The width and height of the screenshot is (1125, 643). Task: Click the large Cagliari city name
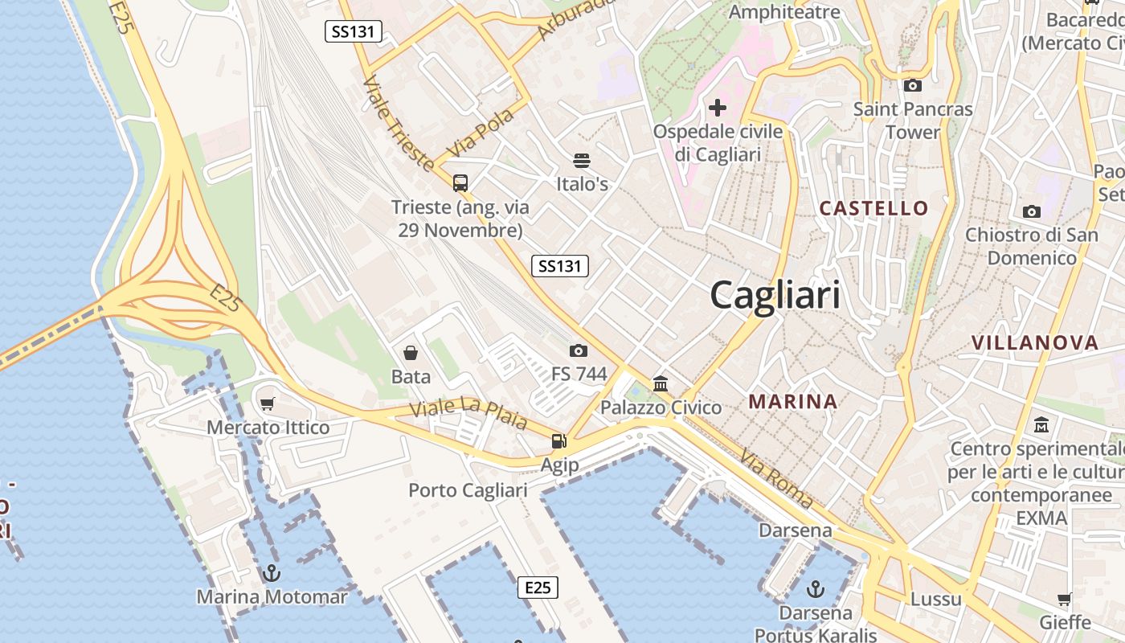coord(775,295)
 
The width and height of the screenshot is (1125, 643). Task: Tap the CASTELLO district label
coord(873,208)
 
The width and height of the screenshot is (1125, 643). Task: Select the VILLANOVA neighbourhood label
coord(1034,342)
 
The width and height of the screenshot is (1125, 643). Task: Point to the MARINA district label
coord(792,400)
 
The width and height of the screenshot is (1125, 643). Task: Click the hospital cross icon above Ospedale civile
coord(718,108)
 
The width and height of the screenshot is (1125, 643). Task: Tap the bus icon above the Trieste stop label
coord(460,183)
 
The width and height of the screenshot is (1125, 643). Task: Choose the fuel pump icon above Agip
coord(558,440)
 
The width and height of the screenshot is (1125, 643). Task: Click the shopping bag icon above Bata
coord(411,353)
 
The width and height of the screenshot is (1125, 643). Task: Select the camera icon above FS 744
coord(578,350)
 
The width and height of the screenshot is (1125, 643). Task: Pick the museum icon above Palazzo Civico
coord(661,383)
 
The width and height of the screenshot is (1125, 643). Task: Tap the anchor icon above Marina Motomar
coord(272,573)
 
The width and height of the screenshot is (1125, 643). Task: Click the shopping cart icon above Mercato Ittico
coord(268,403)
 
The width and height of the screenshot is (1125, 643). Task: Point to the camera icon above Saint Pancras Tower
coord(912,85)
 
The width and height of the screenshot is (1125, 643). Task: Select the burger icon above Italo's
coord(582,161)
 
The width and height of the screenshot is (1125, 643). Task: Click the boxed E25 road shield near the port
coord(537,588)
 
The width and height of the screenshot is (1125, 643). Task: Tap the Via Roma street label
coord(776,479)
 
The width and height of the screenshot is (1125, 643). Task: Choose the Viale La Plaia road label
coord(468,414)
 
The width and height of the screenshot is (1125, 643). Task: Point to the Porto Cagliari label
coord(468,490)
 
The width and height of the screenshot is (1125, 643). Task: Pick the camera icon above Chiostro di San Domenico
coord(1032,212)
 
